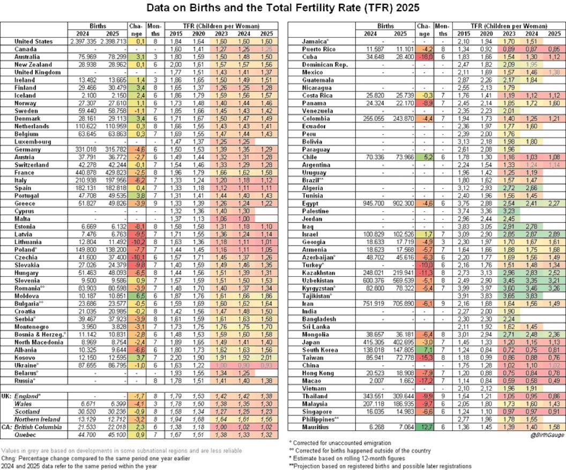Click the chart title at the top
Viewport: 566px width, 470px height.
(282, 9)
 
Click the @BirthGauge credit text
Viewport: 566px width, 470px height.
(546, 435)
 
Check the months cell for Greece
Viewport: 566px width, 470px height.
(155, 203)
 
